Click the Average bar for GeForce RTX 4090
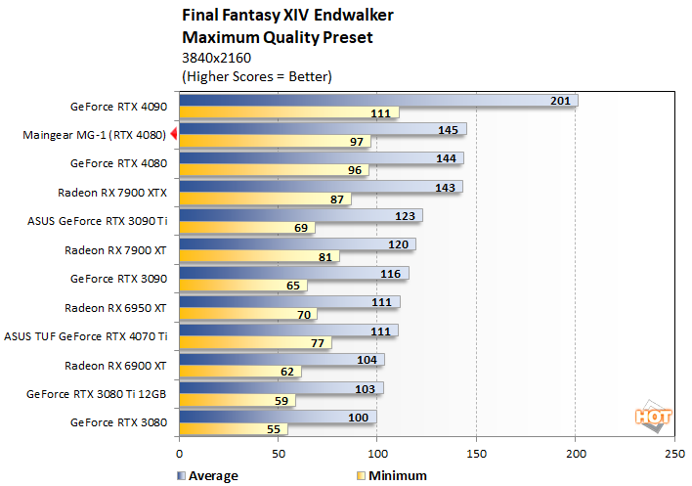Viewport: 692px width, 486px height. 378,100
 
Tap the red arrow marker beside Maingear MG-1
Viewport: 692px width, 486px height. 173,134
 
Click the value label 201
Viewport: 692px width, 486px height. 560,100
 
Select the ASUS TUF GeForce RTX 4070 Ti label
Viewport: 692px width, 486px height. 86,335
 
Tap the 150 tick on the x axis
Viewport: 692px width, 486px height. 477,455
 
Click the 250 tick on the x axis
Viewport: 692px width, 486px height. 674,455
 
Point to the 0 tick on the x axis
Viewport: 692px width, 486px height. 179,455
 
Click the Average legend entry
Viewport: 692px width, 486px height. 206,476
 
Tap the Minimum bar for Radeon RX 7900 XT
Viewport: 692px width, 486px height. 259,257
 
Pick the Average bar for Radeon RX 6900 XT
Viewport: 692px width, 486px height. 281,360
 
